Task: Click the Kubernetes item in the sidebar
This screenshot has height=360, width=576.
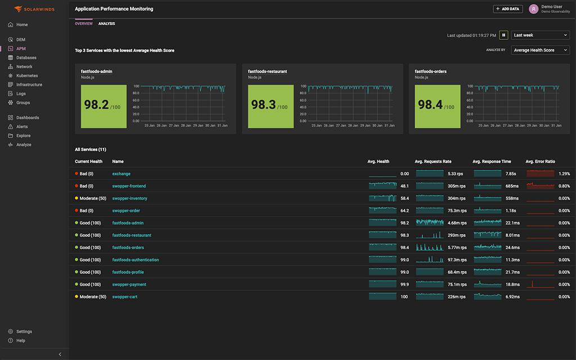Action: (x=26, y=75)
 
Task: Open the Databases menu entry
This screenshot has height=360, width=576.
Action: (x=26, y=57)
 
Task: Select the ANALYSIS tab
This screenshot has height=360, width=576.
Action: (x=106, y=24)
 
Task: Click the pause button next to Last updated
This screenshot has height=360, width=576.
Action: (x=503, y=35)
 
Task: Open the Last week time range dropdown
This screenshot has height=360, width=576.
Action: (x=540, y=35)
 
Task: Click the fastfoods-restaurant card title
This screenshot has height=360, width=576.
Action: (x=267, y=71)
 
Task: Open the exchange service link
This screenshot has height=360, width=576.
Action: (x=121, y=174)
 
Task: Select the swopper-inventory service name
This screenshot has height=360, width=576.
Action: (x=129, y=199)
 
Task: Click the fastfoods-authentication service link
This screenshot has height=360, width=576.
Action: (x=136, y=260)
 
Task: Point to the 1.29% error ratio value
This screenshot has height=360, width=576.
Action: (x=564, y=174)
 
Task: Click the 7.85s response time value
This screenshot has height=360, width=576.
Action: (x=511, y=174)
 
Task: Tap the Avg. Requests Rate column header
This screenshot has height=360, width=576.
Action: (x=433, y=161)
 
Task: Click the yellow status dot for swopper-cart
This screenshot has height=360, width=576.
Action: (x=76, y=297)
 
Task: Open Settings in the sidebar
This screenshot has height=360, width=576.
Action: (x=24, y=331)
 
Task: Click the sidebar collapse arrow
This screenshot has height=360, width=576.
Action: (x=60, y=354)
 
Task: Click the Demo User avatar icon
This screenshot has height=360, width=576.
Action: (x=533, y=9)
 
